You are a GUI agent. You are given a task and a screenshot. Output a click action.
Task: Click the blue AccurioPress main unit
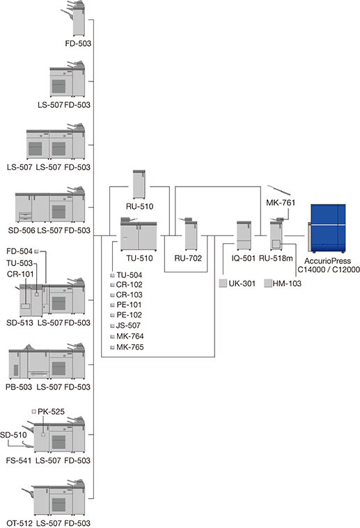tap(327, 228)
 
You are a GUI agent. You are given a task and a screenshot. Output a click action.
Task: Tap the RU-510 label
tap(139, 206)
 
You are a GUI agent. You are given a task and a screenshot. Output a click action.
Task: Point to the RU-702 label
tap(188, 258)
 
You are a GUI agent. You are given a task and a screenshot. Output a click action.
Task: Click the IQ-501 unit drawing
tap(244, 235)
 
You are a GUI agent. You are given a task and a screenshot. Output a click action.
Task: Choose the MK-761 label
tap(281, 203)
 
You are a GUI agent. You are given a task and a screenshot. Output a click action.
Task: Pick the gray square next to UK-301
tap(223, 284)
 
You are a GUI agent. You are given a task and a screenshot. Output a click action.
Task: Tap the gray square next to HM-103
tap(267, 284)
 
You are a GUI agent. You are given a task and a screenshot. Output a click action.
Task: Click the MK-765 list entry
tap(130, 347)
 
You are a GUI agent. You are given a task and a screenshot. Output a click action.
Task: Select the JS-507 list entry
tap(128, 325)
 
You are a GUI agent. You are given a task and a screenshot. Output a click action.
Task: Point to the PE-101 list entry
tap(129, 304)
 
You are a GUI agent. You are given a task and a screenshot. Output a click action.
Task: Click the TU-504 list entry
tap(130, 275)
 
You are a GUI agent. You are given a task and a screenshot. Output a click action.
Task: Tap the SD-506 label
tap(21, 231)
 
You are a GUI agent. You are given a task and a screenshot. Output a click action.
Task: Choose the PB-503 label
tap(19, 387)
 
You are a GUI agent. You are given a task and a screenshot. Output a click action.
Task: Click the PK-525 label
tap(52, 412)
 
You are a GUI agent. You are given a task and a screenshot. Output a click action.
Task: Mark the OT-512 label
tap(19, 523)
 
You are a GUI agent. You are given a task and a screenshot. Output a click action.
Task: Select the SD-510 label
tap(13, 435)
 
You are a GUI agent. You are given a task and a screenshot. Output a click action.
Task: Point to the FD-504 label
tap(19, 251)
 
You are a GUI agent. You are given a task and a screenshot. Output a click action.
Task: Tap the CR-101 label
tap(20, 274)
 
